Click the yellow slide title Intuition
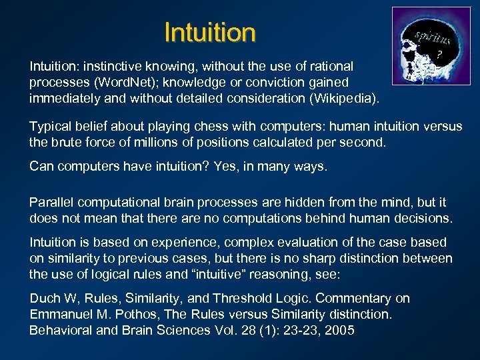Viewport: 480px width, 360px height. click(x=209, y=32)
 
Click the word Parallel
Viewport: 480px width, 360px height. click(x=51, y=202)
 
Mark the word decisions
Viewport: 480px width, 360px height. click(x=423, y=218)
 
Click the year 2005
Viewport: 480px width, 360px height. click(x=338, y=330)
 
